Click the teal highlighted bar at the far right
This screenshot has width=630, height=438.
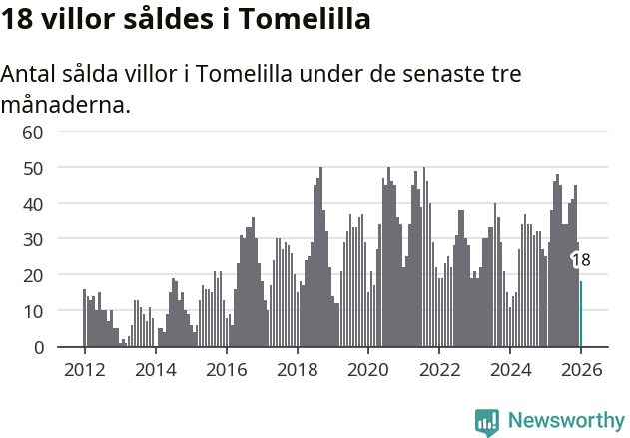(581, 314)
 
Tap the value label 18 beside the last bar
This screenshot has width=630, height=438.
(581, 260)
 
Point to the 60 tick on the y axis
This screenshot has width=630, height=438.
(33, 132)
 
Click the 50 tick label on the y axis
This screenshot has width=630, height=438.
(33, 168)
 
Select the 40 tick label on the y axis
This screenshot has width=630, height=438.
(33, 204)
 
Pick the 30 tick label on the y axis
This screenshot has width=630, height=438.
(33, 239)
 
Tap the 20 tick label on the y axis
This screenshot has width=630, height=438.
(33, 275)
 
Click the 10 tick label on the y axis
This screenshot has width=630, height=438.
(33, 311)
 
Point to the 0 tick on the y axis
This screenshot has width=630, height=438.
(38, 347)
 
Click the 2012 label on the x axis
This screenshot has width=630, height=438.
(84, 368)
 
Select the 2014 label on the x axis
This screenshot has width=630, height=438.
(155, 368)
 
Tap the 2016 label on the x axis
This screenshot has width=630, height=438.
(226, 368)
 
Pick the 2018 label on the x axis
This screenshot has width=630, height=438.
(297, 368)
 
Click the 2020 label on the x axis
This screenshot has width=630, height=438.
(367, 368)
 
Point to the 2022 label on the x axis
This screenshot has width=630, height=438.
(439, 368)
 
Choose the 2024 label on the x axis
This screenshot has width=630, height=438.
(510, 368)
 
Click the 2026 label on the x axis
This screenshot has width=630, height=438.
(581, 368)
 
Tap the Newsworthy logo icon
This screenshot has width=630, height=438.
(487, 421)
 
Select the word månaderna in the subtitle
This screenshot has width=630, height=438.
(66, 104)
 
